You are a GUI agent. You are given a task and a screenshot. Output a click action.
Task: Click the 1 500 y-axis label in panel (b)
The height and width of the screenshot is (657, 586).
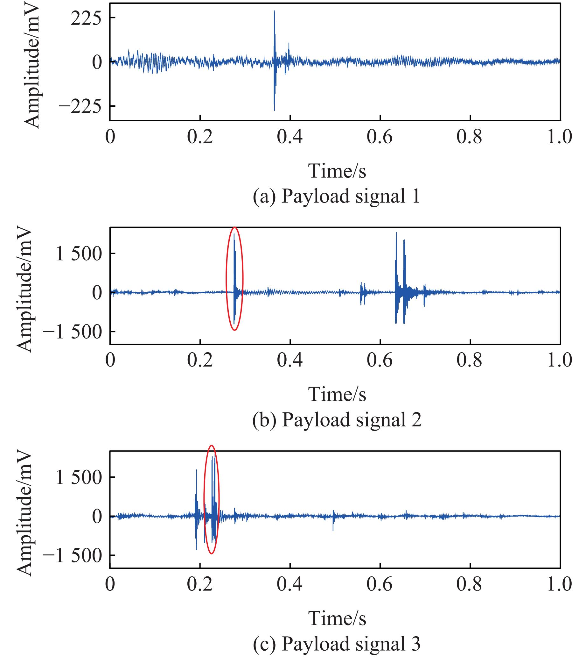point(79,254)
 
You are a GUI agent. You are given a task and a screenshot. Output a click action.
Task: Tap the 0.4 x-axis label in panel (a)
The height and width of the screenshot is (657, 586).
point(290,137)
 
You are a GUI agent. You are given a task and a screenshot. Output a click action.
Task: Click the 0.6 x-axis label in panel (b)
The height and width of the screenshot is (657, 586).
point(380,360)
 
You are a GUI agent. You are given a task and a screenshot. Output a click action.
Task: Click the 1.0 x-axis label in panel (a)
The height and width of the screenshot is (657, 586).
point(560,137)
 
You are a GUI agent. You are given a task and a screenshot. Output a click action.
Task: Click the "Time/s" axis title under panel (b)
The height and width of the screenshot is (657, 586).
point(337,394)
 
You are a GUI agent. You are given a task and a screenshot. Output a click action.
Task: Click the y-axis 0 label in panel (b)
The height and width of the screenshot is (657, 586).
point(97,293)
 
